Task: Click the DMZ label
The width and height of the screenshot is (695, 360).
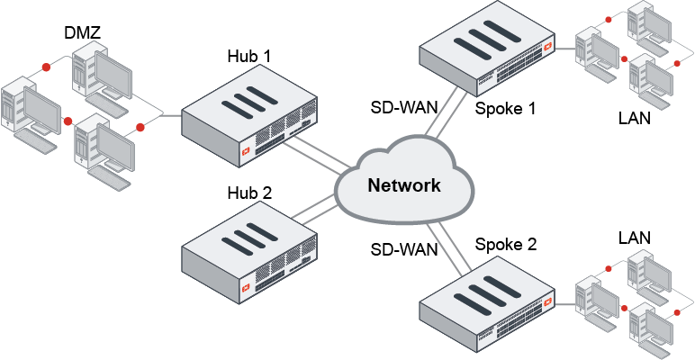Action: [82, 33]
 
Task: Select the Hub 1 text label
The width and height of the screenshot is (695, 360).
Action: [248, 57]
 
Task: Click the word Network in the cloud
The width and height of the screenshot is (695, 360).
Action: [404, 185]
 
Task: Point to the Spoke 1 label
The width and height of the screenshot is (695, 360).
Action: [505, 109]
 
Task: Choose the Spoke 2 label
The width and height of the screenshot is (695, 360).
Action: [505, 244]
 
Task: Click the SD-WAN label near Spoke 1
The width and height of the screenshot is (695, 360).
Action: [405, 106]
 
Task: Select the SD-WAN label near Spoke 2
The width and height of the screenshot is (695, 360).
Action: [405, 249]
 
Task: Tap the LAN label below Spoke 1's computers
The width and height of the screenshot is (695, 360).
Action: [635, 117]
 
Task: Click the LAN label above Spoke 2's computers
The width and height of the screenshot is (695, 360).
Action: [635, 238]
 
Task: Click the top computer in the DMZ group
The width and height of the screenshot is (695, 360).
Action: [99, 67]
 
